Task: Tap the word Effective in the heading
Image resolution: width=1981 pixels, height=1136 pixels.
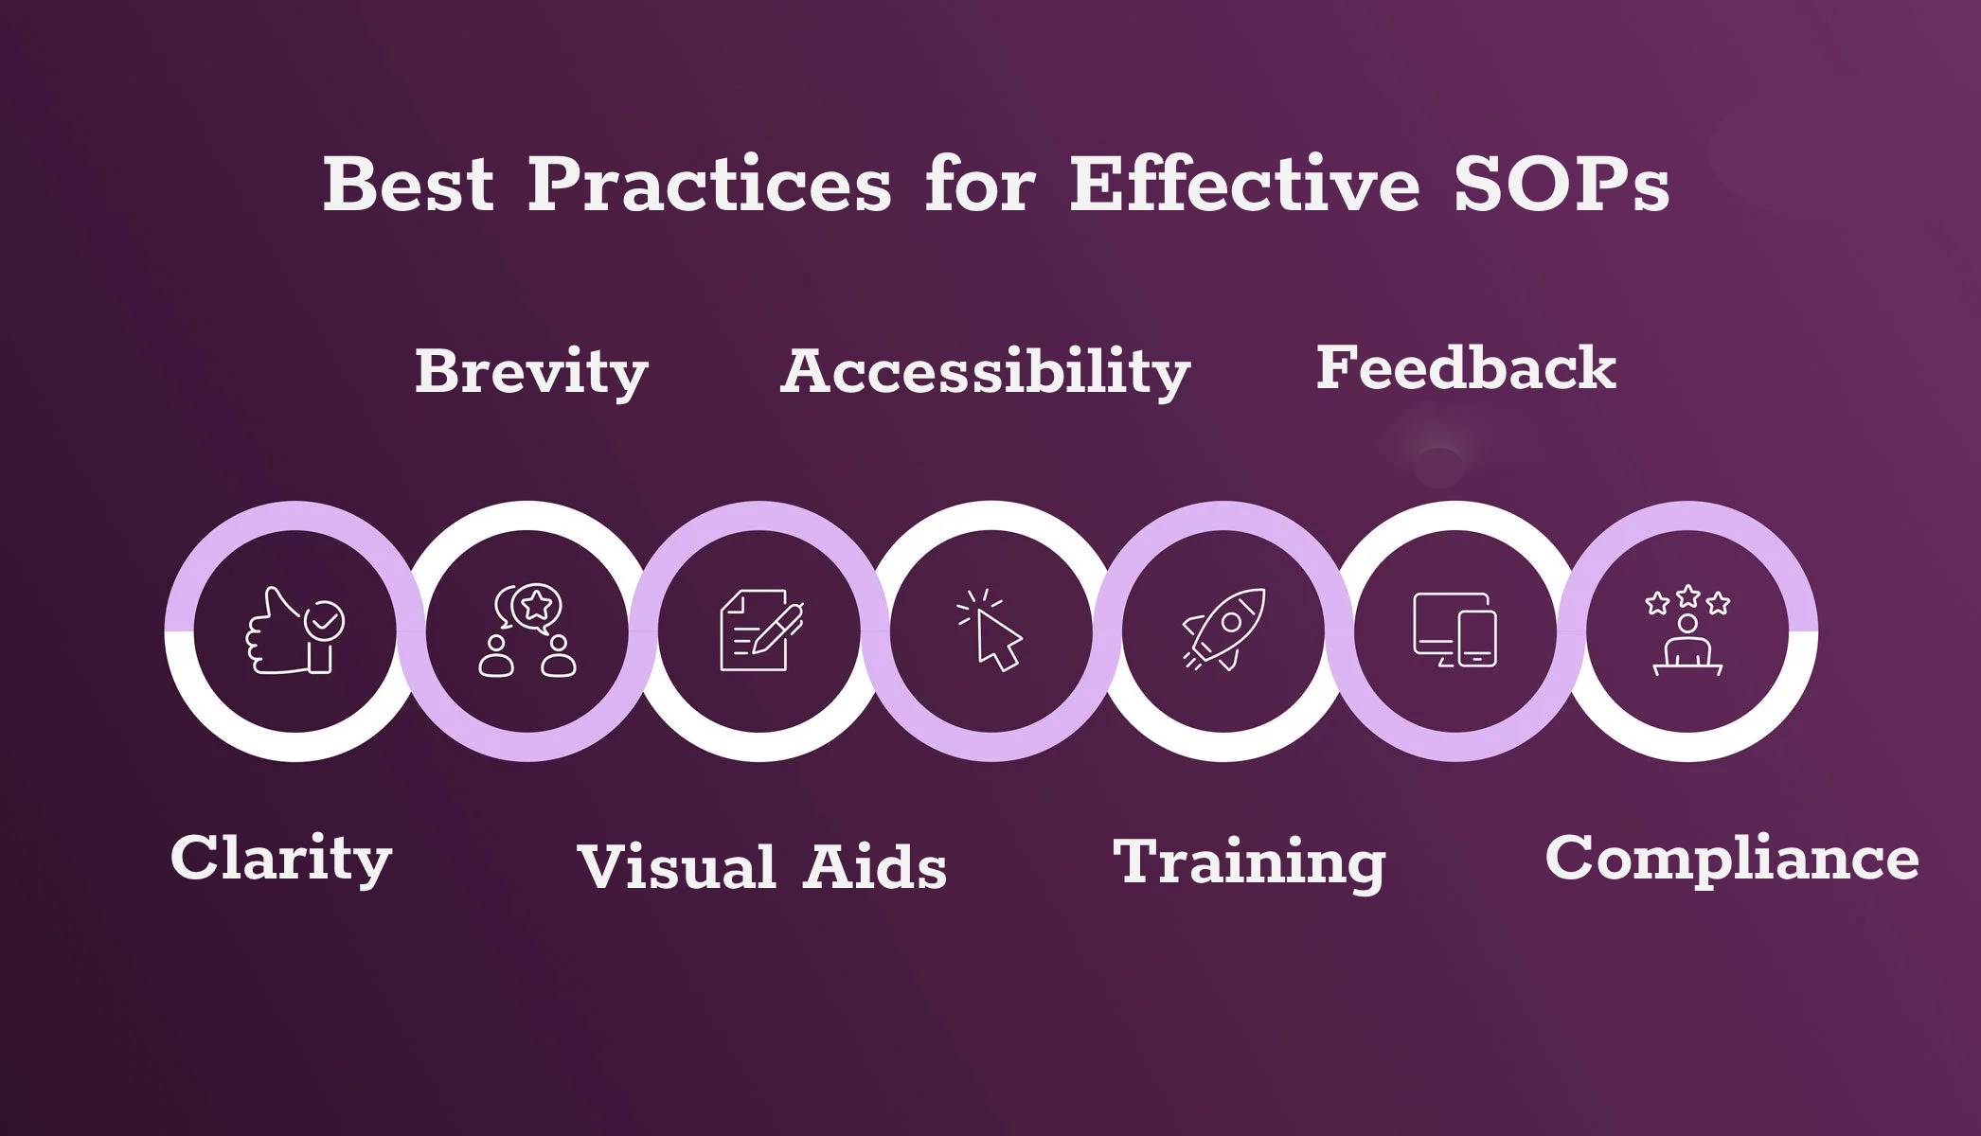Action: [1244, 184]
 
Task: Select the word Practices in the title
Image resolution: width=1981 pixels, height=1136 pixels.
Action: [709, 184]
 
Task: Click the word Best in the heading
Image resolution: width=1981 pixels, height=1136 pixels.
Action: [408, 184]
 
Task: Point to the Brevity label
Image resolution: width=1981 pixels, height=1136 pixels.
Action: [531, 372]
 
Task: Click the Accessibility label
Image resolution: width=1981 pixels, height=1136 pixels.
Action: [985, 372]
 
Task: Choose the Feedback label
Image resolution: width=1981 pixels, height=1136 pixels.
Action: [1466, 367]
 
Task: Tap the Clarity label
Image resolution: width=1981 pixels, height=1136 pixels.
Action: [281, 858]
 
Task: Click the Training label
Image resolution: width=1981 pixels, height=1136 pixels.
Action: [1249, 861]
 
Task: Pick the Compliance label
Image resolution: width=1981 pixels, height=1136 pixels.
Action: [1732, 858]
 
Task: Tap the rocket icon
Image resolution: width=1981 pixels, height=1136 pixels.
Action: [1223, 630]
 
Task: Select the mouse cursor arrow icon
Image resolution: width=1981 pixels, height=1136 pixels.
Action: [990, 630]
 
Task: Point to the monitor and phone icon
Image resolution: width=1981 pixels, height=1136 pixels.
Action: [1455, 630]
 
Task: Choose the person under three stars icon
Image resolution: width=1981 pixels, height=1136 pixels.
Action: [1687, 630]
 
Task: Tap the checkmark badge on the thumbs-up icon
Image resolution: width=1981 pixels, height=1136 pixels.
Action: [325, 621]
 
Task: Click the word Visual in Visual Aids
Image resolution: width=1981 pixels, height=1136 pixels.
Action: [676, 867]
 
